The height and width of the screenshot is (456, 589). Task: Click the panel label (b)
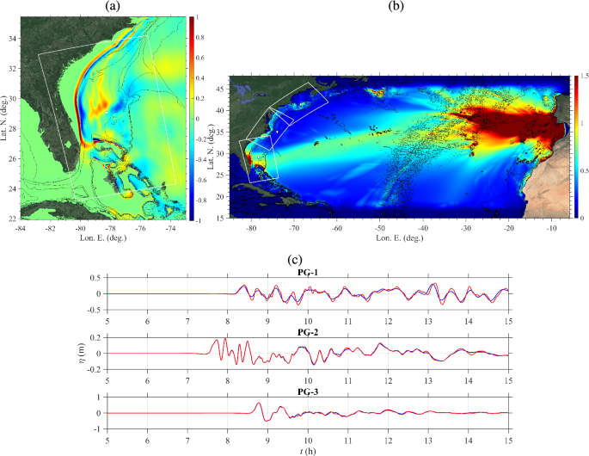[x=396, y=6]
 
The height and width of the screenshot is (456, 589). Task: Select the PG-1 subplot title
[x=307, y=272]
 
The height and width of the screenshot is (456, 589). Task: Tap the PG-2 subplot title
[x=307, y=331]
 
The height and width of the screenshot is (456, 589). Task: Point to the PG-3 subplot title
[x=307, y=391]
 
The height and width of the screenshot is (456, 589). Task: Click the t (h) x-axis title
[x=307, y=450]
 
